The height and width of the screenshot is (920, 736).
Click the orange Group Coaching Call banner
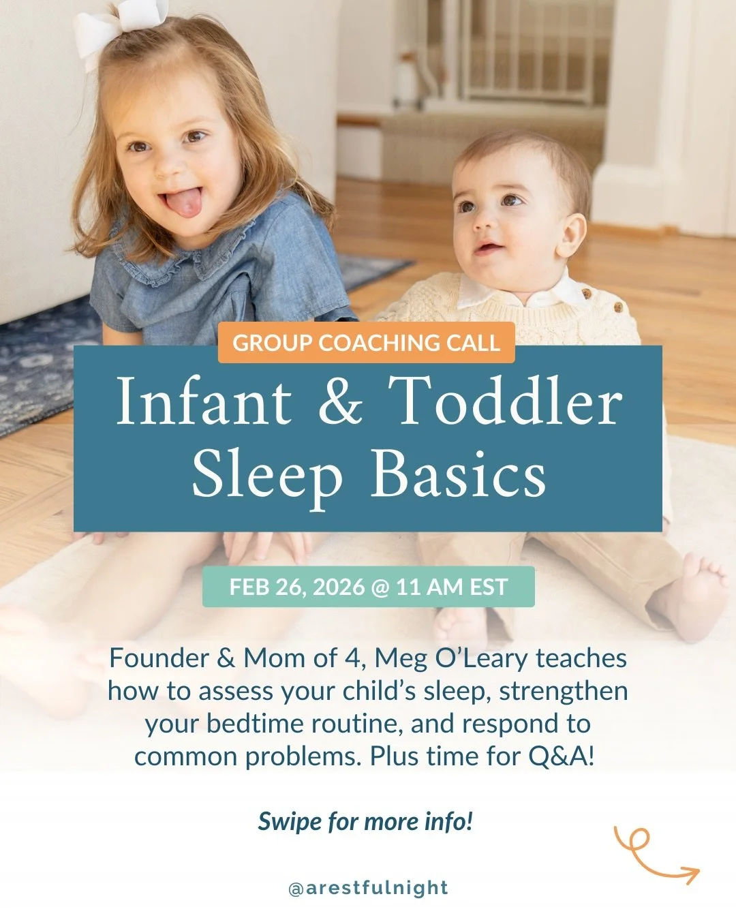tap(367, 342)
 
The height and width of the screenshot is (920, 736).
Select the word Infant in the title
tap(204, 402)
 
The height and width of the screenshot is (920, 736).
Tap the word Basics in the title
tap(457, 474)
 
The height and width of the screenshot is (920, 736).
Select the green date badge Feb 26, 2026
tap(368, 587)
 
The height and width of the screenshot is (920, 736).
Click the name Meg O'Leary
tap(451, 658)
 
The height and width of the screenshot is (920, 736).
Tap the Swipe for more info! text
tap(365, 821)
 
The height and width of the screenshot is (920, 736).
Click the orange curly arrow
tap(654, 855)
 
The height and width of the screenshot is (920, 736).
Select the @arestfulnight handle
tap(368, 888)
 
